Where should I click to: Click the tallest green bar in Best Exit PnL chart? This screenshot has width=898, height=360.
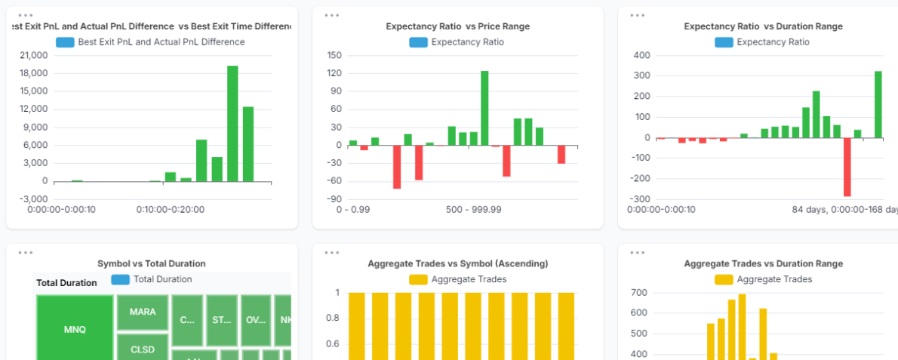[232, 124]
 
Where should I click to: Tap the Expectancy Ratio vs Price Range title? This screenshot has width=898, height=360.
[457, 26]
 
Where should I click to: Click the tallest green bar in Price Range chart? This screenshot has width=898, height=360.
[484, 108]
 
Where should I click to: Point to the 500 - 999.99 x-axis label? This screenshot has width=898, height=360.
[473, 209]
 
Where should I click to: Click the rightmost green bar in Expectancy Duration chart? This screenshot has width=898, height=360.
[878, 104]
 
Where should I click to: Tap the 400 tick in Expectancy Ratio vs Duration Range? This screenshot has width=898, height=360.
[642, 56]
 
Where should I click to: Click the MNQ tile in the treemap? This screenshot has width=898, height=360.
[75, 329]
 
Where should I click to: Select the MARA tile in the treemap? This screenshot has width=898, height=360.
[143, 312]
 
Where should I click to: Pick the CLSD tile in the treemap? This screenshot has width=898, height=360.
[143, 349]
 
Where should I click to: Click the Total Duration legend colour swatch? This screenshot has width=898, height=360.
[121, 279]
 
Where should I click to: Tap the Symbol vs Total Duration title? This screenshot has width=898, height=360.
[152, 263]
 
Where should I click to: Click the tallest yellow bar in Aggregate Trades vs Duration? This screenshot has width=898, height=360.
[742, 326]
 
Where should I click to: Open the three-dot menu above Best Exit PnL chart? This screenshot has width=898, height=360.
[25, 15]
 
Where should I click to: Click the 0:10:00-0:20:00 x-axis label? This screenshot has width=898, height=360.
[170, 209]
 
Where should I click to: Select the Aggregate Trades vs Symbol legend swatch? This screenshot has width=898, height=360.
[418, 279]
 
